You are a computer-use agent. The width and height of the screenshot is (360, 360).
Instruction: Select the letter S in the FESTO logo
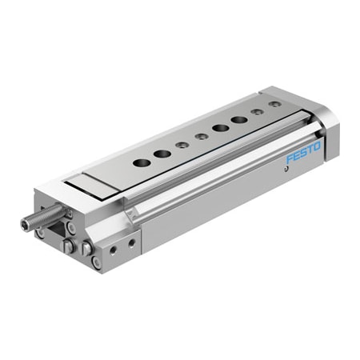tap(306, 153)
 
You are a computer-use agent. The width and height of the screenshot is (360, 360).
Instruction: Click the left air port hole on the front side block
tap(114, 250)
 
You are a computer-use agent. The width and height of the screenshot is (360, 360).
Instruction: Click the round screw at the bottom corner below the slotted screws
tap(96, 262)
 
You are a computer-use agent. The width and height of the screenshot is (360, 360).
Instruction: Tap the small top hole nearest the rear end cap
tap(274, 105)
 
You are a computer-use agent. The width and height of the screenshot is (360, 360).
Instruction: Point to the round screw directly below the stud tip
tap(40, 234)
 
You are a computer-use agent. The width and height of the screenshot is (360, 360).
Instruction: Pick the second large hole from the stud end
tap(162, 152)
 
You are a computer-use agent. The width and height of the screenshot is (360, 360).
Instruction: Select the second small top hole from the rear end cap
tap(258, 112)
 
